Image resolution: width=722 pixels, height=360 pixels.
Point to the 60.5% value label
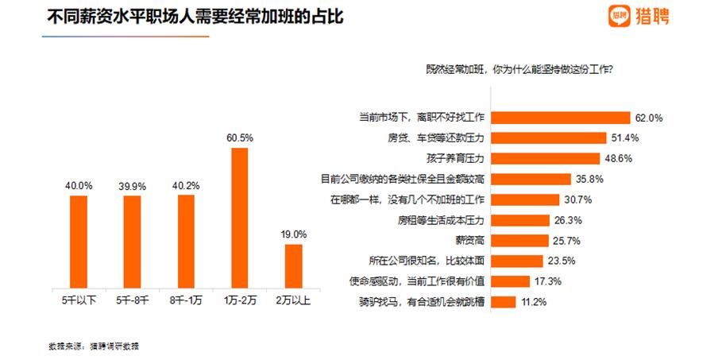pyautogui.click(x=239, y=138)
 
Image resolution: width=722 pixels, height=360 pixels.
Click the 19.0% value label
pyautogui.click(x=293, y=234)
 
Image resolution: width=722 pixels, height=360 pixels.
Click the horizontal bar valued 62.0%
pyautogui.click(x=561, y=118)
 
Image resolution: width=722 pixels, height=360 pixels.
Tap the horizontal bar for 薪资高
pyautogui.click(x=519, y=240)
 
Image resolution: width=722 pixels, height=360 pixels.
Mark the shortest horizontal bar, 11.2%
pyautogui.click(x=504, y=301)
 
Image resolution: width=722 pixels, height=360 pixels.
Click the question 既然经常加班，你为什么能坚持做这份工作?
pyautogui.click(x=519, y=69)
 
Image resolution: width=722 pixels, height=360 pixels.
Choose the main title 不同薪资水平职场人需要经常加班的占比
pyautogui.click(x=195, y=16)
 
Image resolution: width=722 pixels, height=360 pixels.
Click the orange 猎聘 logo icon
pyautogui.click(x=619, y=15)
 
